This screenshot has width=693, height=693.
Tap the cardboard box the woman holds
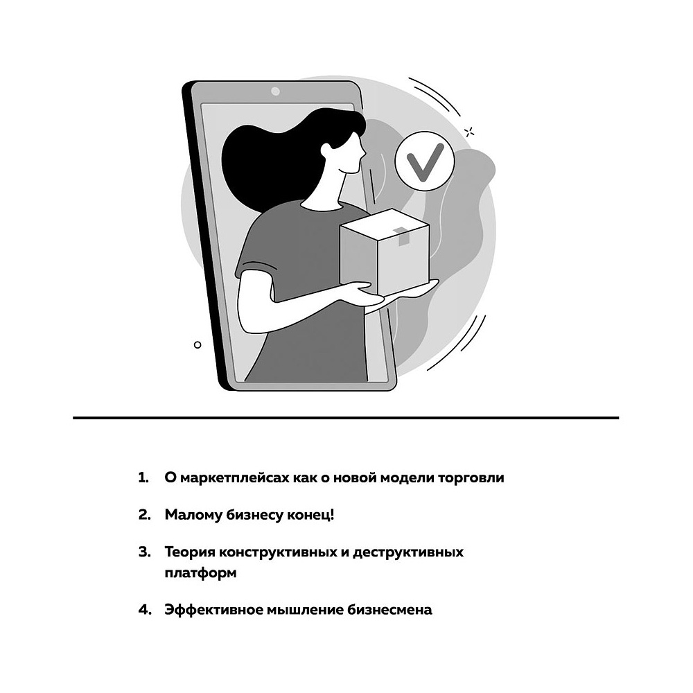tap(383, 252)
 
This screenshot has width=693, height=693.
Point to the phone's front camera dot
tap(275, 91)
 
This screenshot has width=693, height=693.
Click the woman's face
tap(351, 157)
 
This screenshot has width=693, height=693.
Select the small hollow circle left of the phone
tap(198, 344)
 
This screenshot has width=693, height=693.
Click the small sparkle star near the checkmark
tap(470, 131)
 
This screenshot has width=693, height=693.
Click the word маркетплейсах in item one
tap(226, 478)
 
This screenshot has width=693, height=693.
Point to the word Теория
tap(190, 552)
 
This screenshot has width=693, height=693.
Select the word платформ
tap(200, 573)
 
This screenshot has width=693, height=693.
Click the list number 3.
tap(144, 552)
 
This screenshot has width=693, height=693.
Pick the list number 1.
tap(143, 478)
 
